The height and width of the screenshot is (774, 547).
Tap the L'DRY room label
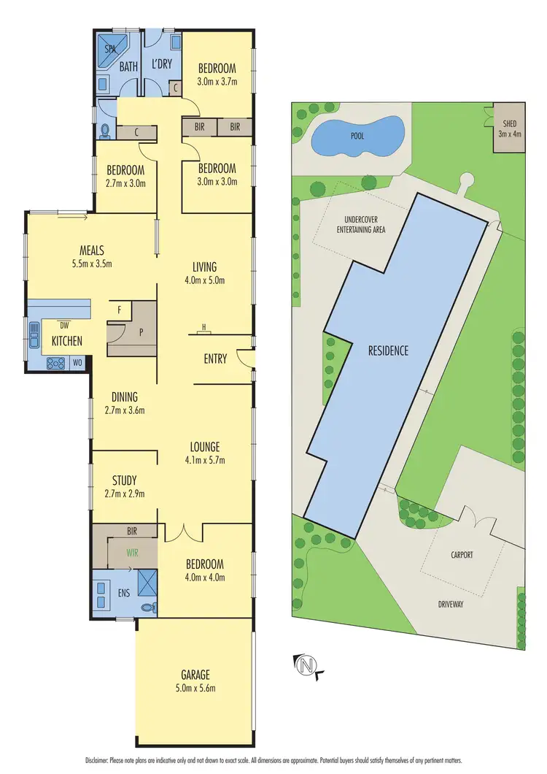pyautogui.click(x=161, y=64)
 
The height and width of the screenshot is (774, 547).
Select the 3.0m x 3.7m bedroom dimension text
pyautogui.click(x=218, y=82)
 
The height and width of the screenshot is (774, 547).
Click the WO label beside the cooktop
pyautogui.click(x=78, y=361)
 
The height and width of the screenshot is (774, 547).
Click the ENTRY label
pyautogui.click(x=215, y=359)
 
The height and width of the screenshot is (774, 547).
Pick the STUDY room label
pyautogui.click(x=125, y=480)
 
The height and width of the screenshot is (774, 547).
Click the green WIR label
pyautogui.click(x=133, y=553)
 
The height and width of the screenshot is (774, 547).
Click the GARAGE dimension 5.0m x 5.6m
pyautogui.click(x=195, y=687)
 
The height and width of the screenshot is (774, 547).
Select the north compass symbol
pyautogui.click(x=307, y=664)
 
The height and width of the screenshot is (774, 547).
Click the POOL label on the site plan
pyautogui.click(x=357, y=136)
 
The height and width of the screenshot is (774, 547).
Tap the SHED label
pyautogui.click(x=505, y=123)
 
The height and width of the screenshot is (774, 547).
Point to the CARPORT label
pyautogui.click(x=462, y=555)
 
